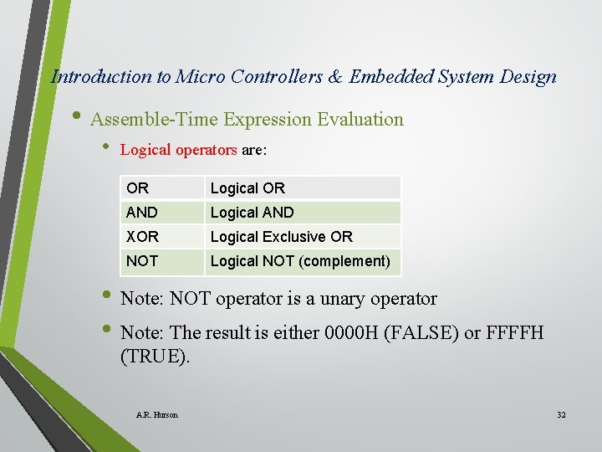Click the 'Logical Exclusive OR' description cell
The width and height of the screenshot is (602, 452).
click(x=281, y=237)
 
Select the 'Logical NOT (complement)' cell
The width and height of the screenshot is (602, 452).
click(x=299, y=261)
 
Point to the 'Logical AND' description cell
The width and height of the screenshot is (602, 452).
click(x=252, y=213)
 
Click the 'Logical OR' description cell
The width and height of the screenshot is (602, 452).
click(x=247, y=188)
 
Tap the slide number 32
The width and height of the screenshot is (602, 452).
click(x=561, y=415)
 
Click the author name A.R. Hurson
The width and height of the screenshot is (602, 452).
click(x=156, y=415)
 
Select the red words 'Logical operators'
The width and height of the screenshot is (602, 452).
click(x=178, y=151)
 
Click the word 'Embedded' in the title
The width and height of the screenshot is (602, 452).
click(x=388, y=77)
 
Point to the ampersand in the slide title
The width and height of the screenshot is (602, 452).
click(x=335, y=77)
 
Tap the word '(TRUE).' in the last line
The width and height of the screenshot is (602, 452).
click(x=156, y=356)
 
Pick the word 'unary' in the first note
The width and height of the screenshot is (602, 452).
click(x=335, y=298)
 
